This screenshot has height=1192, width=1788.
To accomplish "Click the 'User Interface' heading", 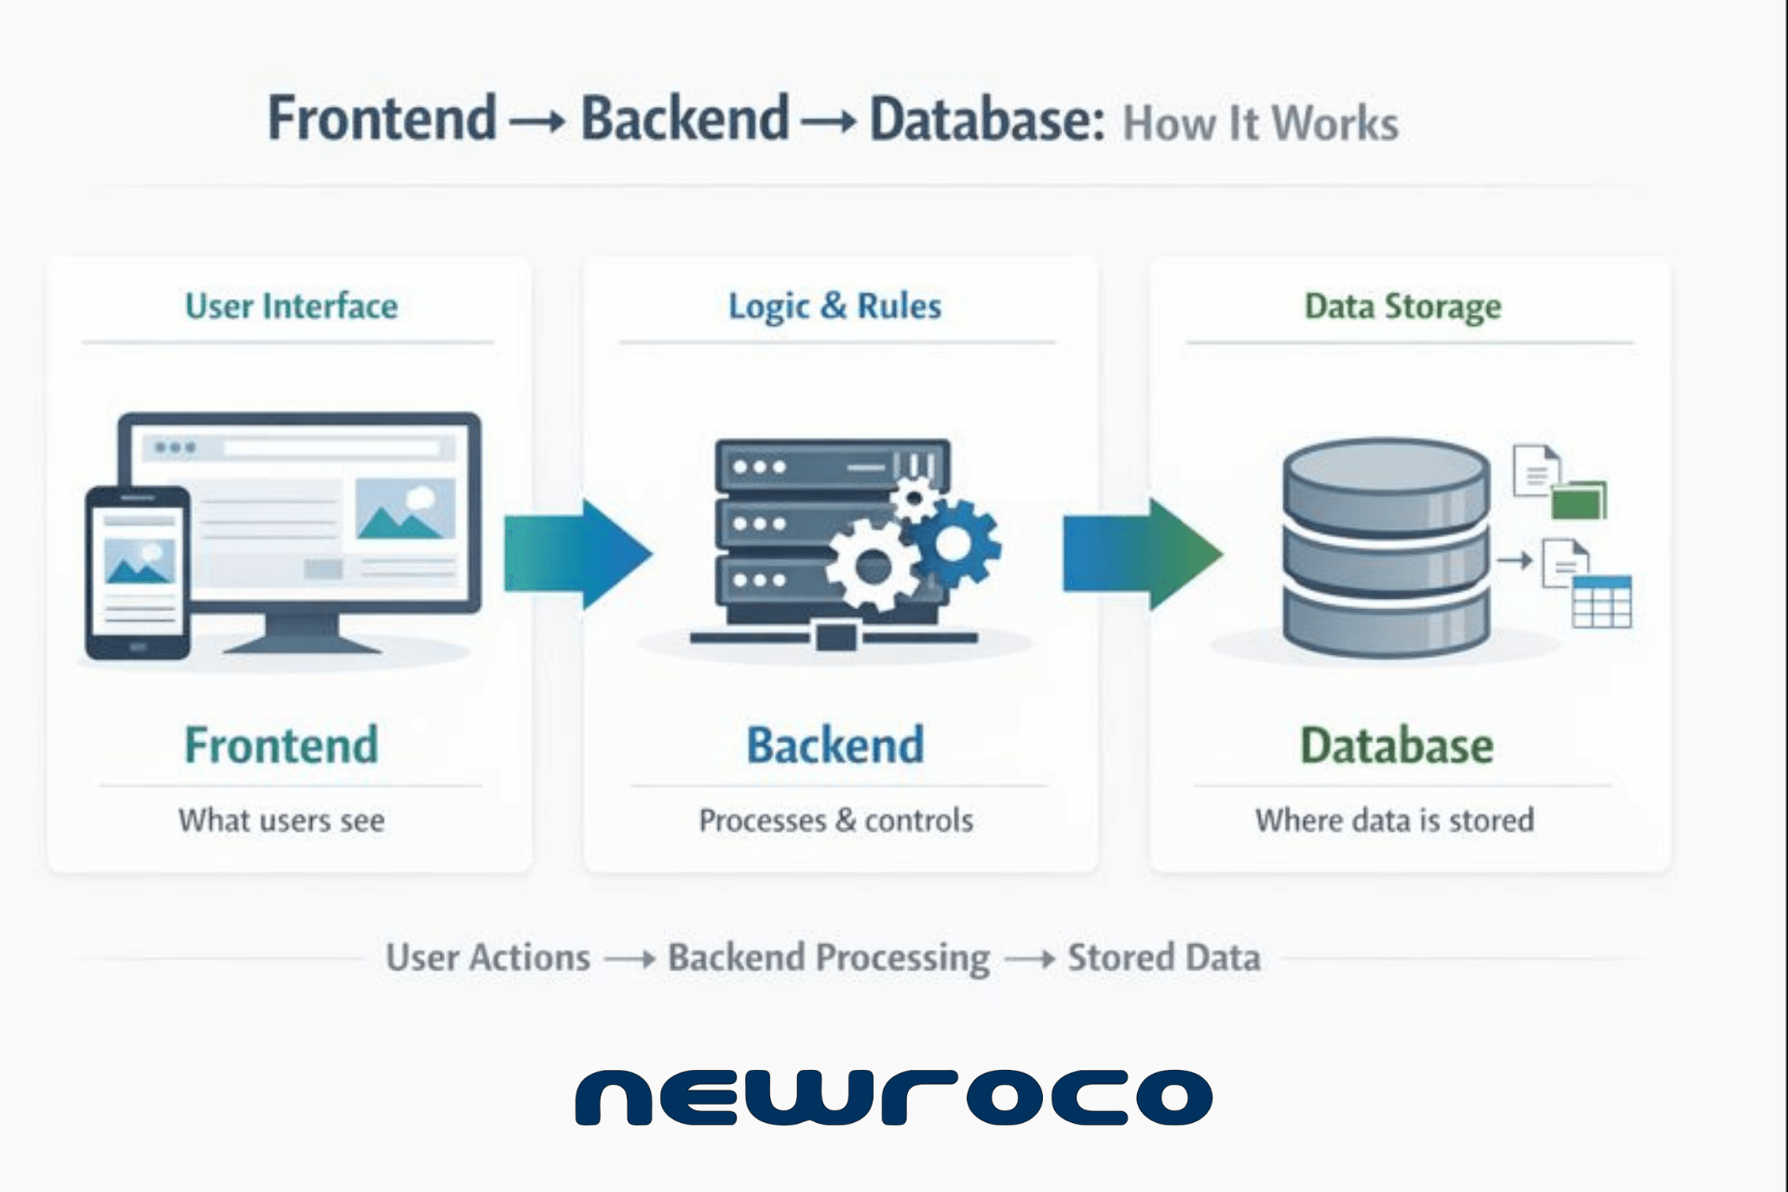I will click(291, 306).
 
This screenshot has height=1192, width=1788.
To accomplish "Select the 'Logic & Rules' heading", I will click(834, 306).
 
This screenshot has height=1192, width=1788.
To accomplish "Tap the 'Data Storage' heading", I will click(1402, 306).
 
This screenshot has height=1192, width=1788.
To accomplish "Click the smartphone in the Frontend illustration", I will click(138, 573).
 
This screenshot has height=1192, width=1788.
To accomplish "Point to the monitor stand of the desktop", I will click(303, 633).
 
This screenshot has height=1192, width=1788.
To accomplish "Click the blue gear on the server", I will click(955, 544).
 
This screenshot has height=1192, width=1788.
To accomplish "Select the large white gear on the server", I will click(874, 566).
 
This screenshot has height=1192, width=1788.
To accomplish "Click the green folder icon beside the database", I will click(1579, 500).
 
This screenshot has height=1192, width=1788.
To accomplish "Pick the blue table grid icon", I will click(1602, 603).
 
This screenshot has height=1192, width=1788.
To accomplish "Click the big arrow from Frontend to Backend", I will click(577, 554).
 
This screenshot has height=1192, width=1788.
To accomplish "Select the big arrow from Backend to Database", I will click(1142, 554).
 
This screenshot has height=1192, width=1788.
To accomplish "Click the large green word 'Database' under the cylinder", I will click(1396, 746).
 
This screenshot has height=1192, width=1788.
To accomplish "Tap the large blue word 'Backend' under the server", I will click(835, 746).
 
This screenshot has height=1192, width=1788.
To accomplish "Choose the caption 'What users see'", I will click(281, 820).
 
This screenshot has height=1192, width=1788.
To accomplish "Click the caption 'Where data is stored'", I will click(1394, 820).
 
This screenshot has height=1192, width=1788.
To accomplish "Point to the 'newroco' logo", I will click(894, 1097).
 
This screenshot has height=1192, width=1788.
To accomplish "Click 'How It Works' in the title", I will click(1260, 124).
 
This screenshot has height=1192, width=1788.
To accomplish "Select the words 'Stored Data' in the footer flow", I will click(1163, 957).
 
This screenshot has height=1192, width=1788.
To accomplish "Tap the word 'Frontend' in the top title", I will click(382, 118).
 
